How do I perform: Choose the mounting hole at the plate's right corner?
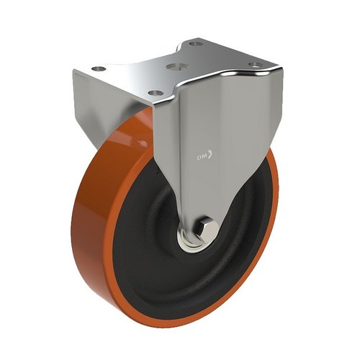coord(253,66)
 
